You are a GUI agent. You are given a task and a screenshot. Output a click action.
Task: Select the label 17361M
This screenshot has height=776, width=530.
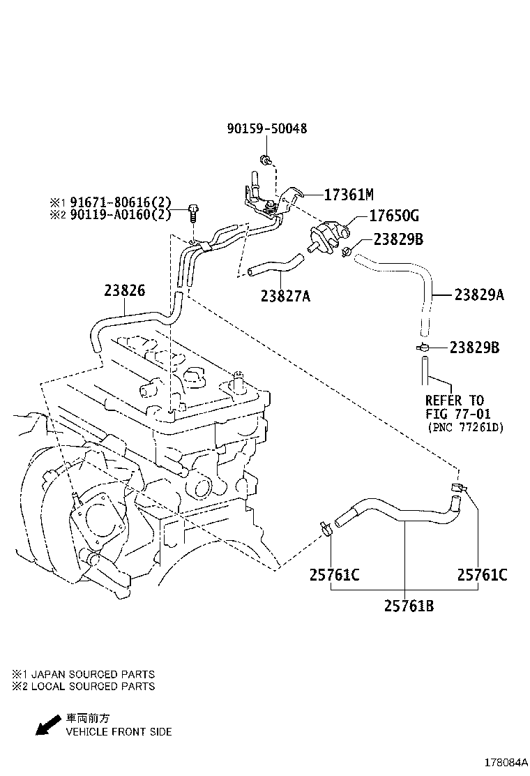pos(350,194)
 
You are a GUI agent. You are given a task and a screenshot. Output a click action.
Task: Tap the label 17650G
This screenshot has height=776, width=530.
pos(394,216)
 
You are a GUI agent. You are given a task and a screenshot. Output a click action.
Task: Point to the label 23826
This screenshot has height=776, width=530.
pos(126,290)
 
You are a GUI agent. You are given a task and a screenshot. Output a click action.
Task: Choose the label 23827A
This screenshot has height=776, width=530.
pos(285,296)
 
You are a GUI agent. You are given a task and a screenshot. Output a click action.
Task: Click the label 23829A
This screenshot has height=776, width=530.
pos(479,295)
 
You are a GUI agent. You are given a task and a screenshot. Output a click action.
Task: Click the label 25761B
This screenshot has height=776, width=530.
pos(409,606)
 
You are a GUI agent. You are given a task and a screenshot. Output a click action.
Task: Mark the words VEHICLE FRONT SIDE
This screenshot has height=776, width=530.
pos(119,732)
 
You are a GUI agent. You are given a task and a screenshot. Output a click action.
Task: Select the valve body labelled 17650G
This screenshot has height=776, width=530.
pos(326,233)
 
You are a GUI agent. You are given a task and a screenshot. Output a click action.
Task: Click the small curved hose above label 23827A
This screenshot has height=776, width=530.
pos(274,266)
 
